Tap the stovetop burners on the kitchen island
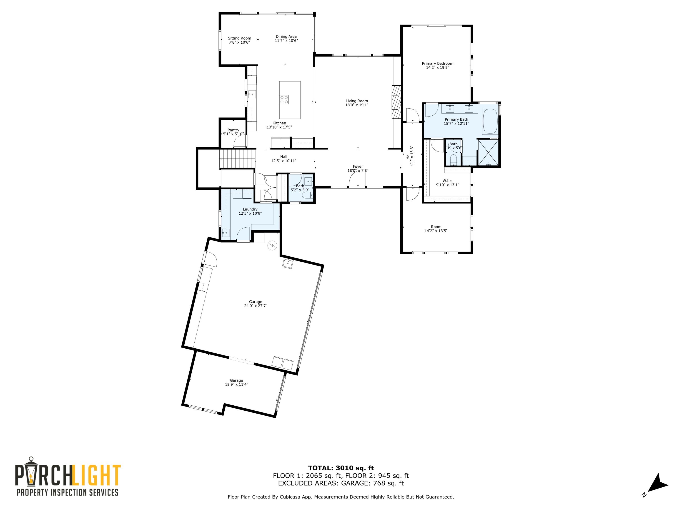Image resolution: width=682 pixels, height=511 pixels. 284,99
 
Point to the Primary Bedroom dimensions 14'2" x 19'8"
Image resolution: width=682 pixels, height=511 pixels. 438,67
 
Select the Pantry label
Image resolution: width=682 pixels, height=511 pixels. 233,130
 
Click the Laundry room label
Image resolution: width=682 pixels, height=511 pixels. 250,209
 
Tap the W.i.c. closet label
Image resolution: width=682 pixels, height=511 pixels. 447,181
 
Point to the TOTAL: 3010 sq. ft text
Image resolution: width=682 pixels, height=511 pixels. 341,468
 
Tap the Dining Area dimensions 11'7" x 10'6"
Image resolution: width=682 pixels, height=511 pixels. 286,41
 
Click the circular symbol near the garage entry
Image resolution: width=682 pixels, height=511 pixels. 273,245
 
